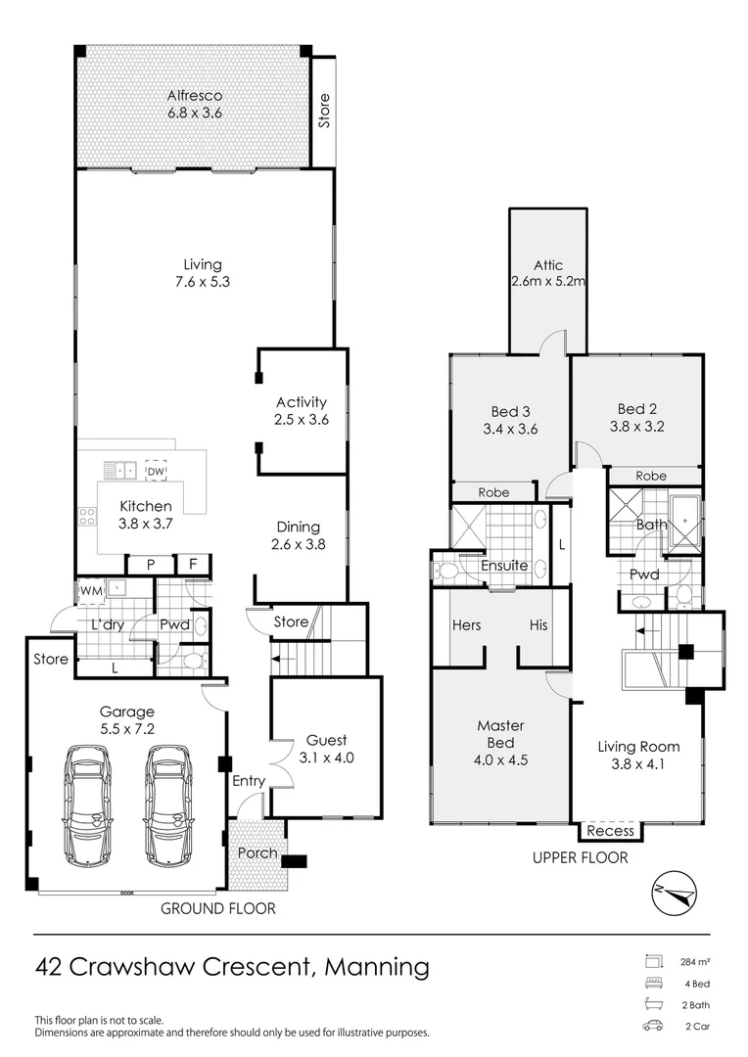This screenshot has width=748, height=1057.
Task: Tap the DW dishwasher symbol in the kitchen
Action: click(x=156, y=471)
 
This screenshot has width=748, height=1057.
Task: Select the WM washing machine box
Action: click(x=90, y=590)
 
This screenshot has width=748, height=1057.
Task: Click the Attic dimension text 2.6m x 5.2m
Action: click(x=547, y=282)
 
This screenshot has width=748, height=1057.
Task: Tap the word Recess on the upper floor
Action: click(x=611, y=831)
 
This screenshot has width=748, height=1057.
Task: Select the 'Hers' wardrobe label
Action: click(x=466, y=625)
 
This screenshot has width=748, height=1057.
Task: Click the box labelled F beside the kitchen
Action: click(x=192, y=565)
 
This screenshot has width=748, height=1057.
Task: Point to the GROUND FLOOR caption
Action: click(x=218, y=908)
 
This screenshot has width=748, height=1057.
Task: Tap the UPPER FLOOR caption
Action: click(x=580, y=857)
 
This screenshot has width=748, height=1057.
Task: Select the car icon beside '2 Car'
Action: click(x=652, y=1027)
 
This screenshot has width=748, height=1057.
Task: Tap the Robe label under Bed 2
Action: click(x=651, y=476)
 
